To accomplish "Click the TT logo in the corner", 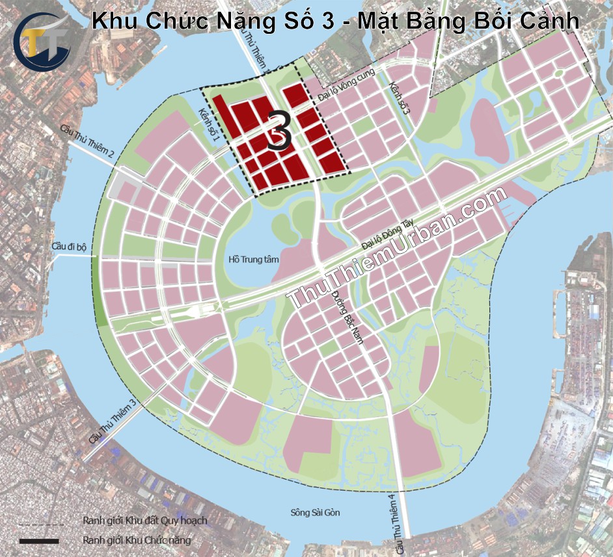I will [43, 40].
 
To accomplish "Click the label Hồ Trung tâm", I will [253, 259].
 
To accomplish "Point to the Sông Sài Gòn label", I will [315, 513].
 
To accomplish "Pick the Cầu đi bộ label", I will [70, 247].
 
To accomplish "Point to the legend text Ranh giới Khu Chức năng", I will [136, 541].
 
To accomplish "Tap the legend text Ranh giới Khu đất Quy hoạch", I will [144, 521].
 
